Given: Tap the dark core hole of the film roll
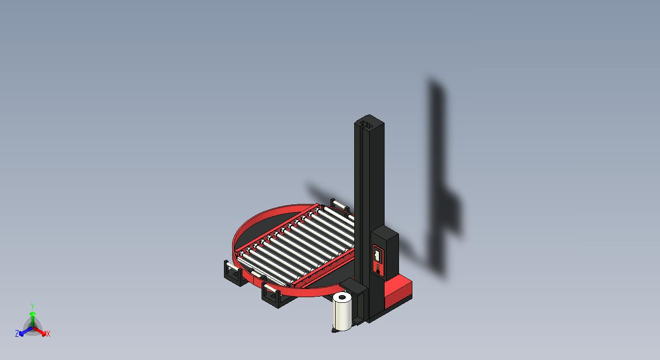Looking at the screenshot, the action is pos(342,297).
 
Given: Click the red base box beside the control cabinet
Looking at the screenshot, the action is pos(398,290).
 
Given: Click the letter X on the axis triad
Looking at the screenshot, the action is pos(48,334).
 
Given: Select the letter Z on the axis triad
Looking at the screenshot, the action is pos(17,334).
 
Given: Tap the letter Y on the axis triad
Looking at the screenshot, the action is pos(32,306).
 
